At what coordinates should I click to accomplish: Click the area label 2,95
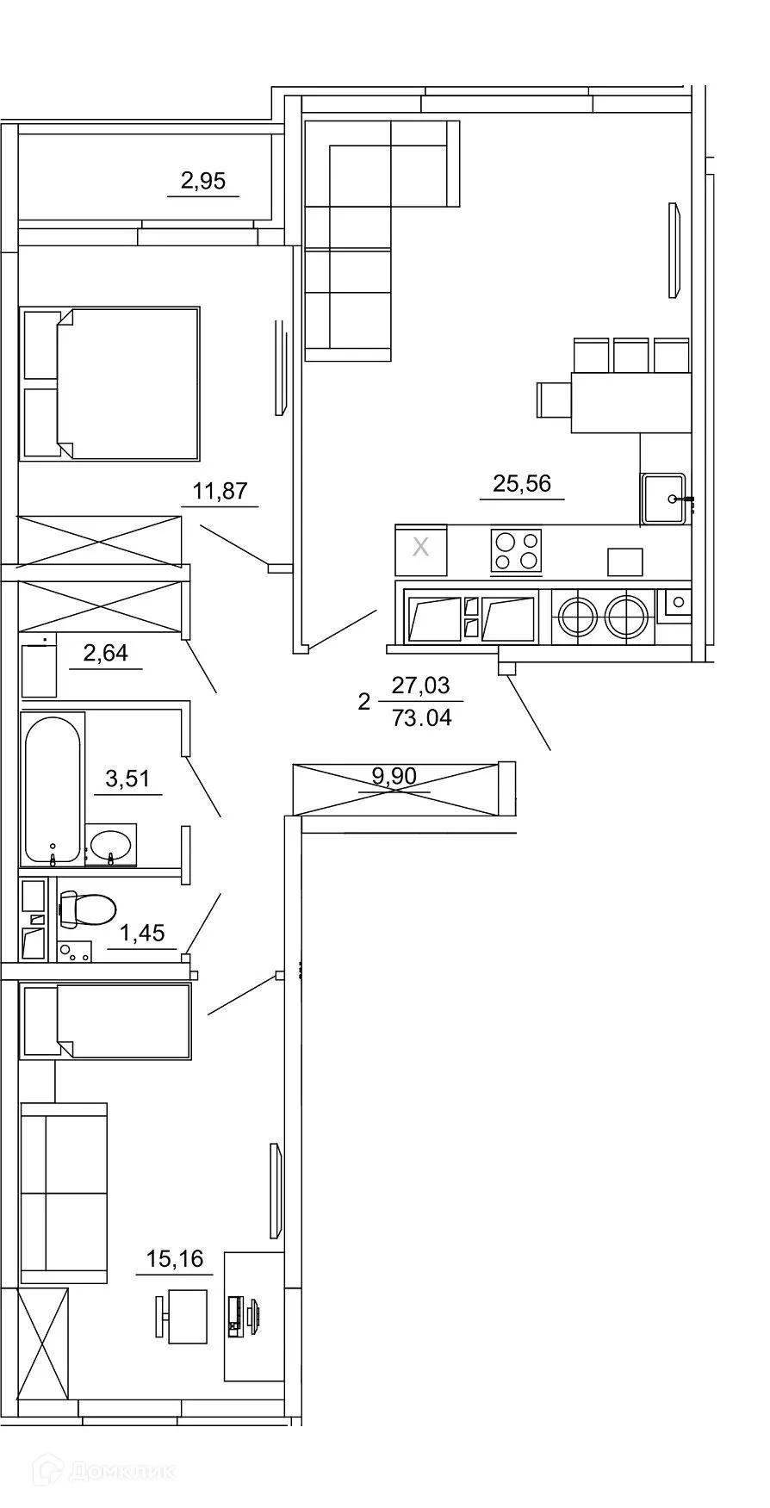coord(203,181)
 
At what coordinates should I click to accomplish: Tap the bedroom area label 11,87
coord(220,492)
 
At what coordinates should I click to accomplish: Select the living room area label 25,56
coord(522,483)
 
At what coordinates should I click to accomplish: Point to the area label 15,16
coord(175,1259)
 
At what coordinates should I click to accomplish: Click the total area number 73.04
coord(421,717)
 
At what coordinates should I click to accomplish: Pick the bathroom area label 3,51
coord(127,779)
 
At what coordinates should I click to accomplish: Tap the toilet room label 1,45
coord(143,933)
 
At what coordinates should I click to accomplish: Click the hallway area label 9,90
coord(394,777)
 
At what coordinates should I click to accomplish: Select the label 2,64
coord(105,654)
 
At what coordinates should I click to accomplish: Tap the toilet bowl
coord(88,909)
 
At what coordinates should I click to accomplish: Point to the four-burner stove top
coord(516,551)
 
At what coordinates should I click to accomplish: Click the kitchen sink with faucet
coord(664,498)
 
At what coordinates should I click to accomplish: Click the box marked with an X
coord(420,549)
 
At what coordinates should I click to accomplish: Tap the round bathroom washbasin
coord(111,843)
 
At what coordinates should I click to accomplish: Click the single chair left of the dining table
coord(553,399)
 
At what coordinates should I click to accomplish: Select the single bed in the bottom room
coord(106,1021)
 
